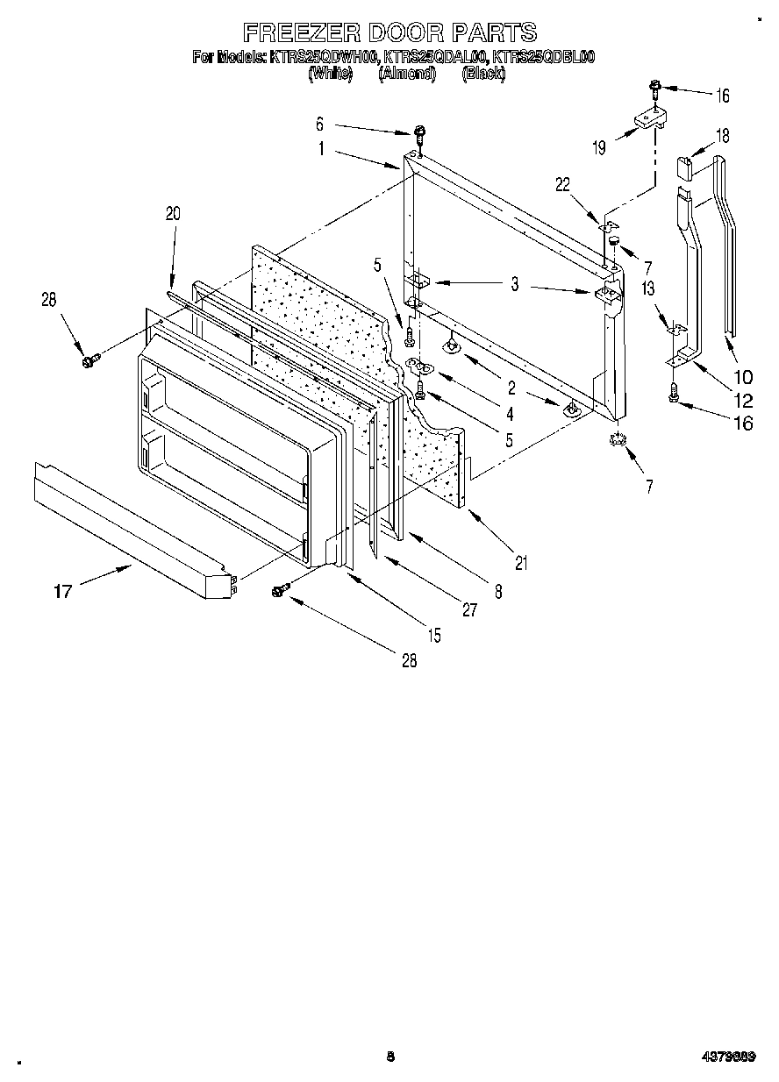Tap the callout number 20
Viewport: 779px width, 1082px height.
172,213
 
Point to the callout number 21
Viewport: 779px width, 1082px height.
521,563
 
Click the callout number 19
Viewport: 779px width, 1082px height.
599,147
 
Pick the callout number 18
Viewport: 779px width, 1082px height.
722,136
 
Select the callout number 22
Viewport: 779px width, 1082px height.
563,183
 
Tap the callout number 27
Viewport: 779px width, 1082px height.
469,610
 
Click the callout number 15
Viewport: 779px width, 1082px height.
435,634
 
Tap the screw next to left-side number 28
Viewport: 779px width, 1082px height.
89,360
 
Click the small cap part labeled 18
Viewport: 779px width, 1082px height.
686,167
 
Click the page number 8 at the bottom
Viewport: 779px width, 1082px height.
389,1057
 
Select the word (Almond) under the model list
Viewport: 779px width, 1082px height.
407,74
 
